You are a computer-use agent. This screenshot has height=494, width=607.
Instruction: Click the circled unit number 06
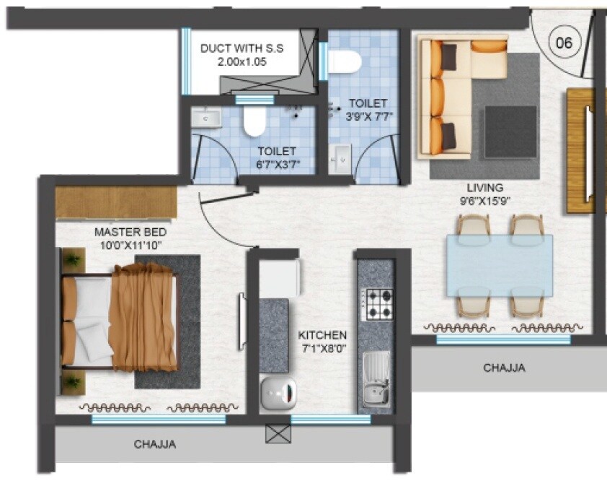pyautogui.click(x=564, y=43)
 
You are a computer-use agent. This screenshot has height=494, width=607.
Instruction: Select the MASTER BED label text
pyautogui.click(x=130, y=233)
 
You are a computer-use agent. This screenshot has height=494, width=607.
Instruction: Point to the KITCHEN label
pyautogui.click(x=322, y=336)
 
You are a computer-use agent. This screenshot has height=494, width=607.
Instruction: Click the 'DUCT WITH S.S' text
pyautogui.click(x=242, y=49)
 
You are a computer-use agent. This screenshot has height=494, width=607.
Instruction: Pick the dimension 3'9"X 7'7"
pyautogui.click(x=369, y=116)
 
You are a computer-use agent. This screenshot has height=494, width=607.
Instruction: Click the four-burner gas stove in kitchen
pyautogui.click(x=377, y=304)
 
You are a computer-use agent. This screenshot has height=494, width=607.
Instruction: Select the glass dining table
pyautogui.click(x=499, y=265)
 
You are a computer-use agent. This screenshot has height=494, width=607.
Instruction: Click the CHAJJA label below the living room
pyautogui.click(x=504, y=368)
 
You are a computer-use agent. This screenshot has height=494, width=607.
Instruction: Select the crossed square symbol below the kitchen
pyautogui.click(x=276, y=433)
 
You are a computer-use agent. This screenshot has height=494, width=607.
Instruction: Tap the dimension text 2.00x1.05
pyautogui.click(x=242, y=62)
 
